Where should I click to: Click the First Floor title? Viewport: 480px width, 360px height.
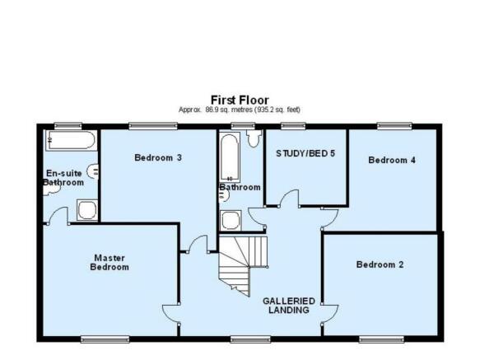coord(240,101)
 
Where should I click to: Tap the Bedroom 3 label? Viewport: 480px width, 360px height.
coord(158,157)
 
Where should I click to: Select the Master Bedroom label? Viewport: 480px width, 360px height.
coord(110,263)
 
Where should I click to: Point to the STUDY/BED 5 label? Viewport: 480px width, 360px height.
coord(305,153)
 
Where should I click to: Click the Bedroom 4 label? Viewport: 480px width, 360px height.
coord(392,160)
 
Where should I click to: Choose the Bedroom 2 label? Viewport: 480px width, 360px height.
coord(380,264)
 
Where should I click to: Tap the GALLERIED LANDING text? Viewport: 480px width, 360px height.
coord(289,306)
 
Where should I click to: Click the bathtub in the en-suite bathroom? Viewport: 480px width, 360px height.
coord(71,140)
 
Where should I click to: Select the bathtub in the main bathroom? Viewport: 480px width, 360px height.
coord(230,157)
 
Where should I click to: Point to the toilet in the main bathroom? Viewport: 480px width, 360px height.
coord(254,138)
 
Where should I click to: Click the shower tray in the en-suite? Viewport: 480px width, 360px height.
coord(87,210)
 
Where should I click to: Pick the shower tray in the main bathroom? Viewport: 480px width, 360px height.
coord(231,220)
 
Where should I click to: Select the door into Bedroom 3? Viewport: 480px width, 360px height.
coord(198,244)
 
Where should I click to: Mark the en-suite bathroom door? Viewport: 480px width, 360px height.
coord(58,215)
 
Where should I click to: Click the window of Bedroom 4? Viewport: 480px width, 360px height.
coord(394,125)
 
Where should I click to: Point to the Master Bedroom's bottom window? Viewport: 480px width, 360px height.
coord(105,339)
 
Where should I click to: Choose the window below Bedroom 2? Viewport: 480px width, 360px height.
coord(381,339)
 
